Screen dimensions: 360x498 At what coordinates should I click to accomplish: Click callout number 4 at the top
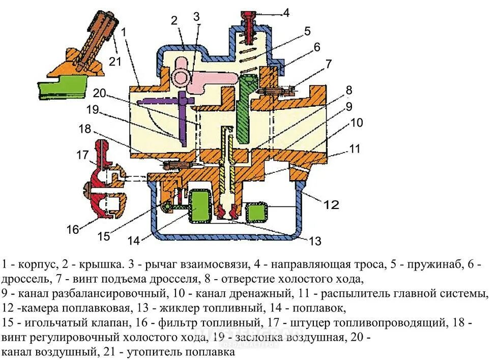point(286,13)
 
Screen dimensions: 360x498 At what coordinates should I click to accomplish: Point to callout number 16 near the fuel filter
point(73,229)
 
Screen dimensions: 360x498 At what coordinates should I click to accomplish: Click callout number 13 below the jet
point(315,241)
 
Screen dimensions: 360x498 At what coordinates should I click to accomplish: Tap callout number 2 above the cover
point(174,20)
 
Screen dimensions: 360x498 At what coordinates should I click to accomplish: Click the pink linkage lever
point(196,78)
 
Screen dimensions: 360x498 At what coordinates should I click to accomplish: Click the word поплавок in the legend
point(323,308)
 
